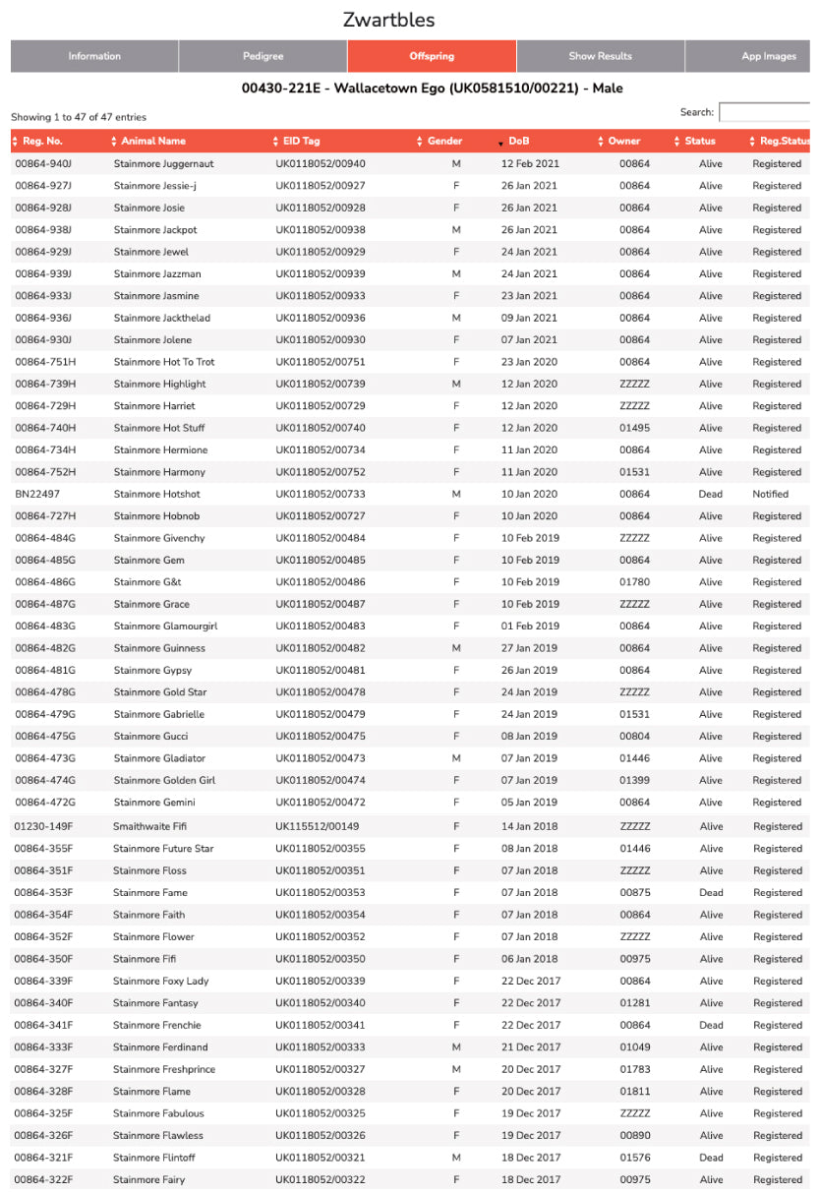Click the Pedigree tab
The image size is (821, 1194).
click(x=263, y=56)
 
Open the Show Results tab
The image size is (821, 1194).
click(x=600, y=56)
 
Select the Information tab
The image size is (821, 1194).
click(x=94, y=56)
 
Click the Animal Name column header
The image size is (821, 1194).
click(x=153, y=141)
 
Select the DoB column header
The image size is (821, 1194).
click(x=519, y=141)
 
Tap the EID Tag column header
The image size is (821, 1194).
click(x=296, y=141)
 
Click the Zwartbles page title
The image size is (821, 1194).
click(x=388, y=20)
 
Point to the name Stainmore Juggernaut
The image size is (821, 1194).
click(x=163, y=163)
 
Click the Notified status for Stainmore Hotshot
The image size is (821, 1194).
click(x=770, y=494)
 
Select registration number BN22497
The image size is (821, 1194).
click(x=37, y=494)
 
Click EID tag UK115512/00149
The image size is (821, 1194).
click(x=318, y=826)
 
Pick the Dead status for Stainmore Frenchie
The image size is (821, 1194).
click(x=710, y=1025)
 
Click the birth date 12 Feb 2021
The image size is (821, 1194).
click(x=529, y=163)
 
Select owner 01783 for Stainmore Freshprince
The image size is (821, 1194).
click(x=634, y=1069)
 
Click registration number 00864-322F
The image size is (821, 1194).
click(x=43, y=1179)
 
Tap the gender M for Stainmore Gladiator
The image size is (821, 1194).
click(x=456, y=758)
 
